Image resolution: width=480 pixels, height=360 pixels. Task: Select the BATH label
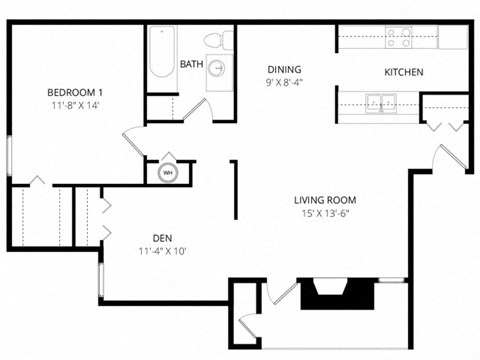[191, 64]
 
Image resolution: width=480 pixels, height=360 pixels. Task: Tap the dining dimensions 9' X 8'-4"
[284, 82]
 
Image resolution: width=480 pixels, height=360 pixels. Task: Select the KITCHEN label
[404, 72]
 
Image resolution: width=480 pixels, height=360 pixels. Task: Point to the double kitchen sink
[380, 101]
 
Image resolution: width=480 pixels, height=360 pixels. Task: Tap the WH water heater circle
[167, 173]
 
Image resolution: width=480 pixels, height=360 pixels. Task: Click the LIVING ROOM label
[326, 198]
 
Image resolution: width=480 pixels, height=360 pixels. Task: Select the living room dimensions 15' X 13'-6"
[326, 211]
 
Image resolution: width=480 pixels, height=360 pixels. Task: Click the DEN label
[162, 238]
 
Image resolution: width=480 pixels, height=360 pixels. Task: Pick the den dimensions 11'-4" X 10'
[162, 251]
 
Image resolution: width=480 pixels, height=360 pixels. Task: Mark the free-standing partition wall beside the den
[234, 189]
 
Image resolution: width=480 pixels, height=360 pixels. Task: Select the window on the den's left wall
[100, 280]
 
